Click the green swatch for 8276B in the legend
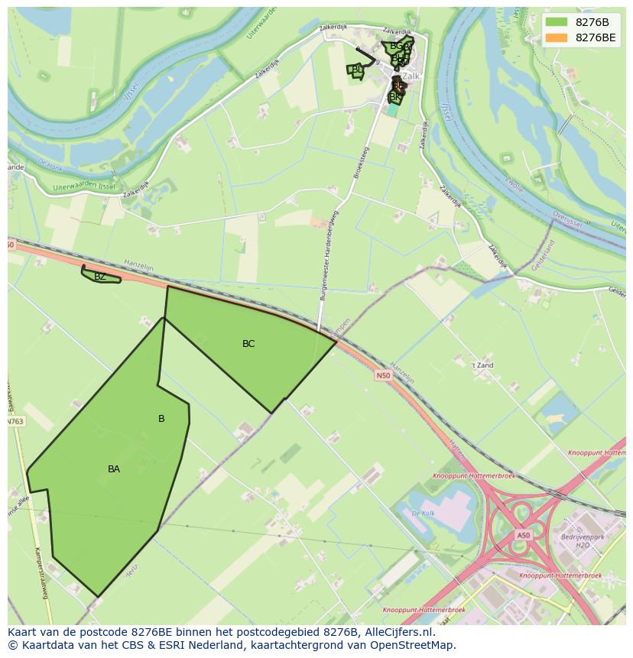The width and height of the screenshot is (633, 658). [557, 22]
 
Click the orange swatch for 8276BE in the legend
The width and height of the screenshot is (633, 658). [557, 37]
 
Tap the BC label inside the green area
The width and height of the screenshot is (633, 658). [248, 344]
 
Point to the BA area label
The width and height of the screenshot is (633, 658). [114, 469]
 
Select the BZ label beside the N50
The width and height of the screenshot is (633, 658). [100, 277]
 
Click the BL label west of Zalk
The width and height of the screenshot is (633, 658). [357, 70]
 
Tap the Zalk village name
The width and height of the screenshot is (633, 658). [412, 76]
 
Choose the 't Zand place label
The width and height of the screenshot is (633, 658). [482, 365]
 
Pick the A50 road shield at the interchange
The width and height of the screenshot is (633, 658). [523, 536]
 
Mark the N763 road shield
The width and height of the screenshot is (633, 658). [15, 421]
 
